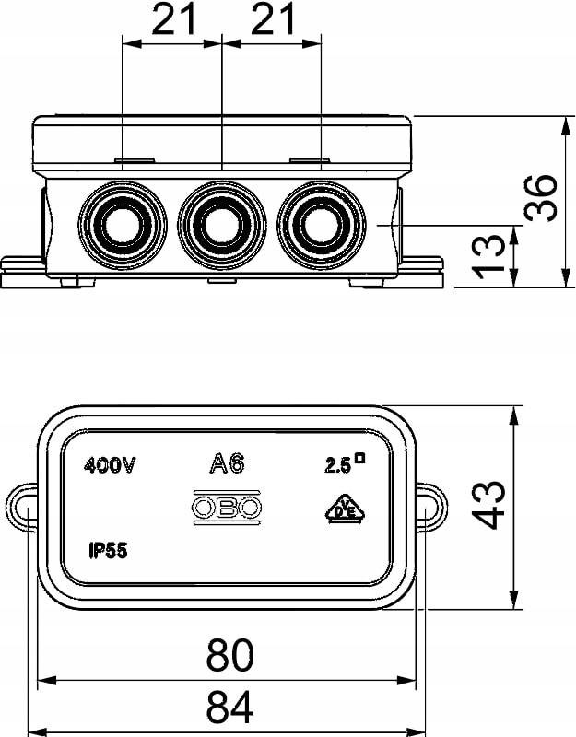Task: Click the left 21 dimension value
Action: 173,19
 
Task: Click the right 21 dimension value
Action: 273,19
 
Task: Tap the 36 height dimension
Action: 540,198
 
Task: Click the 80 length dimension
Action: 229,655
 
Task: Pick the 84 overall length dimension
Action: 229,707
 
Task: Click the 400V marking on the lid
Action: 110,466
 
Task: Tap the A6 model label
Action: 227,463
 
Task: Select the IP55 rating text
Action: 108,550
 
